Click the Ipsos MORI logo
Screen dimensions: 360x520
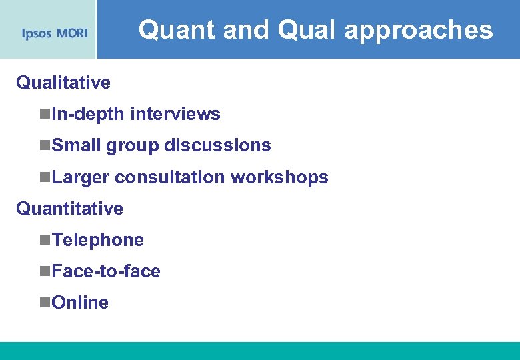tap(55, 33)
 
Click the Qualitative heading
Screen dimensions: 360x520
tap(63, 83)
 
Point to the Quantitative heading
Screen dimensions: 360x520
tap(69, 209)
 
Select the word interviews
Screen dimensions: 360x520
tap(175, 114)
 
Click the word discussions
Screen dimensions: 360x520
tap(217, 145)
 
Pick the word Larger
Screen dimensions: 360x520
tap(81, 177)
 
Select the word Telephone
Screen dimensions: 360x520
tap(97, 240)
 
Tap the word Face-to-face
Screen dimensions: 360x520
tap(106, 271)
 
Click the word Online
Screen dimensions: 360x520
tap(80, 303)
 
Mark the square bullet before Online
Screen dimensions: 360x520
tap(45, 303)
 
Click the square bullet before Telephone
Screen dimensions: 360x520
tap(45, 241)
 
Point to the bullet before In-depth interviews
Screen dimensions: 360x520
tap(45, 115)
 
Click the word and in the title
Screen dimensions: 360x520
tap(249, 30)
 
